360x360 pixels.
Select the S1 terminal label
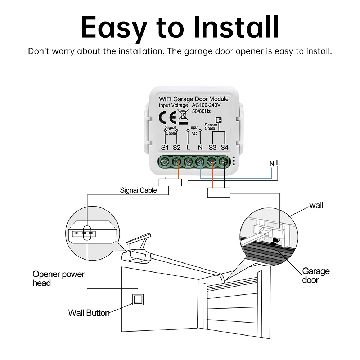coord(165,148)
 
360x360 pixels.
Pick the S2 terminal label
coord(176,148)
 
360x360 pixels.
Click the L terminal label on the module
coord(188,148)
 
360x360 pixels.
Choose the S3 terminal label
coord(213,148)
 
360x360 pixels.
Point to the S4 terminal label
coord(225,148)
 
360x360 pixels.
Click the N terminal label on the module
coord(200,148)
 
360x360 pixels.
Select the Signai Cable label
coord(138,190)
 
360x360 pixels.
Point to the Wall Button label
coord(89,312)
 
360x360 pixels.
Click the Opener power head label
coord(58,279)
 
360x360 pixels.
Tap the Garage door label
coord(315,275)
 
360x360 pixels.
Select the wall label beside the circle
coord(316,205)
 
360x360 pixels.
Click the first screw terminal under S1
coord(165,162)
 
